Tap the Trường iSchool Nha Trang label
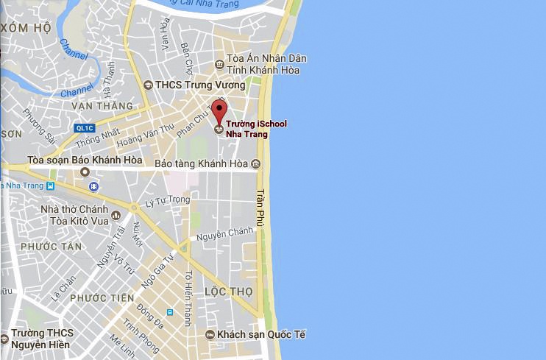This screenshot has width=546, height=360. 256,129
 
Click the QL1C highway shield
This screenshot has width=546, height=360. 85,127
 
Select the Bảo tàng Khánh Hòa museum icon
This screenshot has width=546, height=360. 255,163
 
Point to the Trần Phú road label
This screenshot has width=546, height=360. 260,208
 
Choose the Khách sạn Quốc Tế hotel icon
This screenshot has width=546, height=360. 210,335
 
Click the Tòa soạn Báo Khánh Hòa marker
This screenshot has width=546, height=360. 85,172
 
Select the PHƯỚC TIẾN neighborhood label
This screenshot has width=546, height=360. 102,298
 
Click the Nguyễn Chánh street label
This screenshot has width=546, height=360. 225,234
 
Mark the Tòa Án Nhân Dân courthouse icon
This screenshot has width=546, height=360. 219,64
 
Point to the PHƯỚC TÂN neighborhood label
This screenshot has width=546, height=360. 52,247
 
